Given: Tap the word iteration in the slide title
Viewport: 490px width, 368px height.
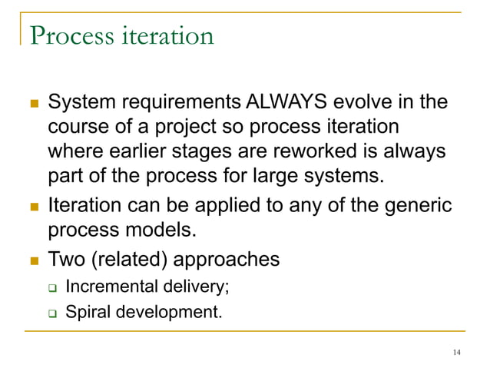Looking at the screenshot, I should [x=163, y=35].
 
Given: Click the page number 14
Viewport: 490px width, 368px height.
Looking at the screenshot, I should [x=457, y=352].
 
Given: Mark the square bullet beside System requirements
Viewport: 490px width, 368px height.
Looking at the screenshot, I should [x=29, y=103].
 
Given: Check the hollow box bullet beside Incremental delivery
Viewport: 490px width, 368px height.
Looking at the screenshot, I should [x=52, y=289].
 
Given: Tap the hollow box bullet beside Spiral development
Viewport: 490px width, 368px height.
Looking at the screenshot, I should [x=52, y=314].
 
